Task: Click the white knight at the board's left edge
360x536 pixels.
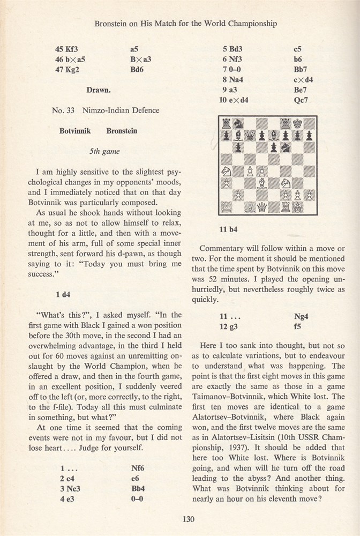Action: tap(227, 172)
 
